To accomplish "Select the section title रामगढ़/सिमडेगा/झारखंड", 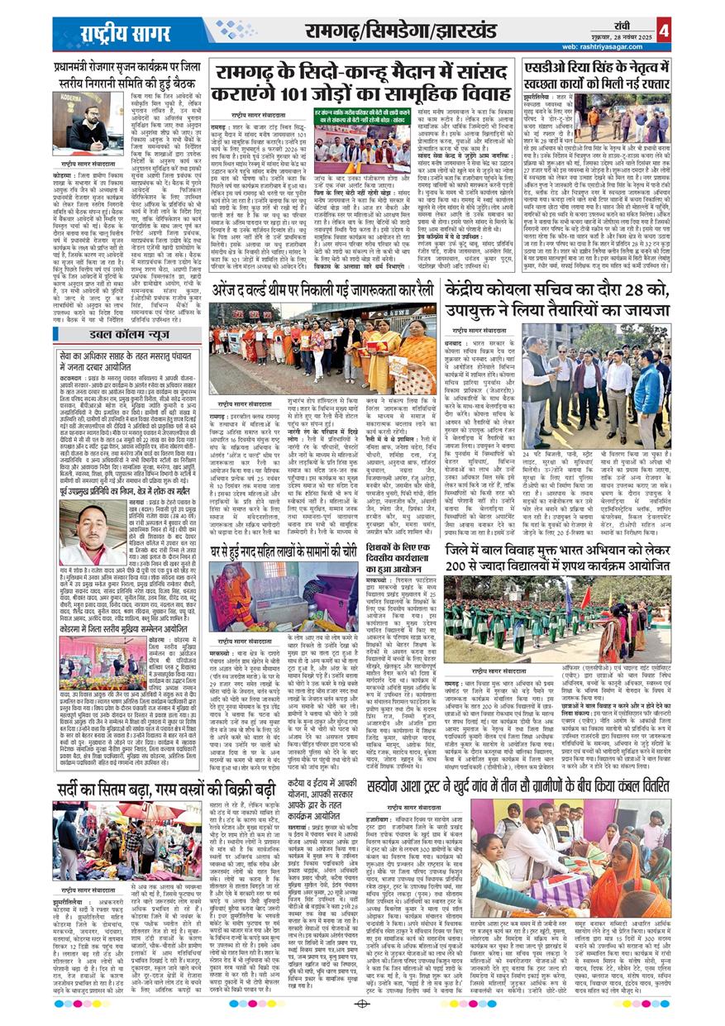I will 418,31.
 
